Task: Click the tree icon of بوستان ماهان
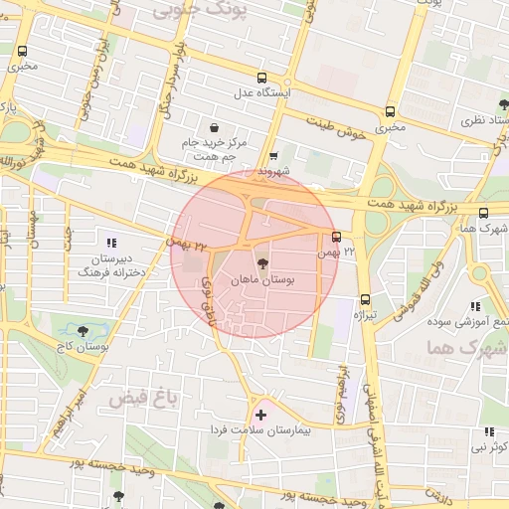click(x=262, y=263)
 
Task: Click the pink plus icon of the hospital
click(x=260, y=415)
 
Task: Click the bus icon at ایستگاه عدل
click(x=261, y=78)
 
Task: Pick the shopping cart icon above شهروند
click(x=273, y=156)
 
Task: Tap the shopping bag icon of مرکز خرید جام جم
click(x=215, y=127)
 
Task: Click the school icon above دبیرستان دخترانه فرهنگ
click(x=111, y=242)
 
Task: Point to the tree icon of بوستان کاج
click(x=82, y=331)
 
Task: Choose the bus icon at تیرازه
click(x=365, y=298)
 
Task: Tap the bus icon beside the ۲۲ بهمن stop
click(x=337, y=237)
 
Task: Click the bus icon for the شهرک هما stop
click(x=483, y=213)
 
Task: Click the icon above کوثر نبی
click(x=489, y=431)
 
